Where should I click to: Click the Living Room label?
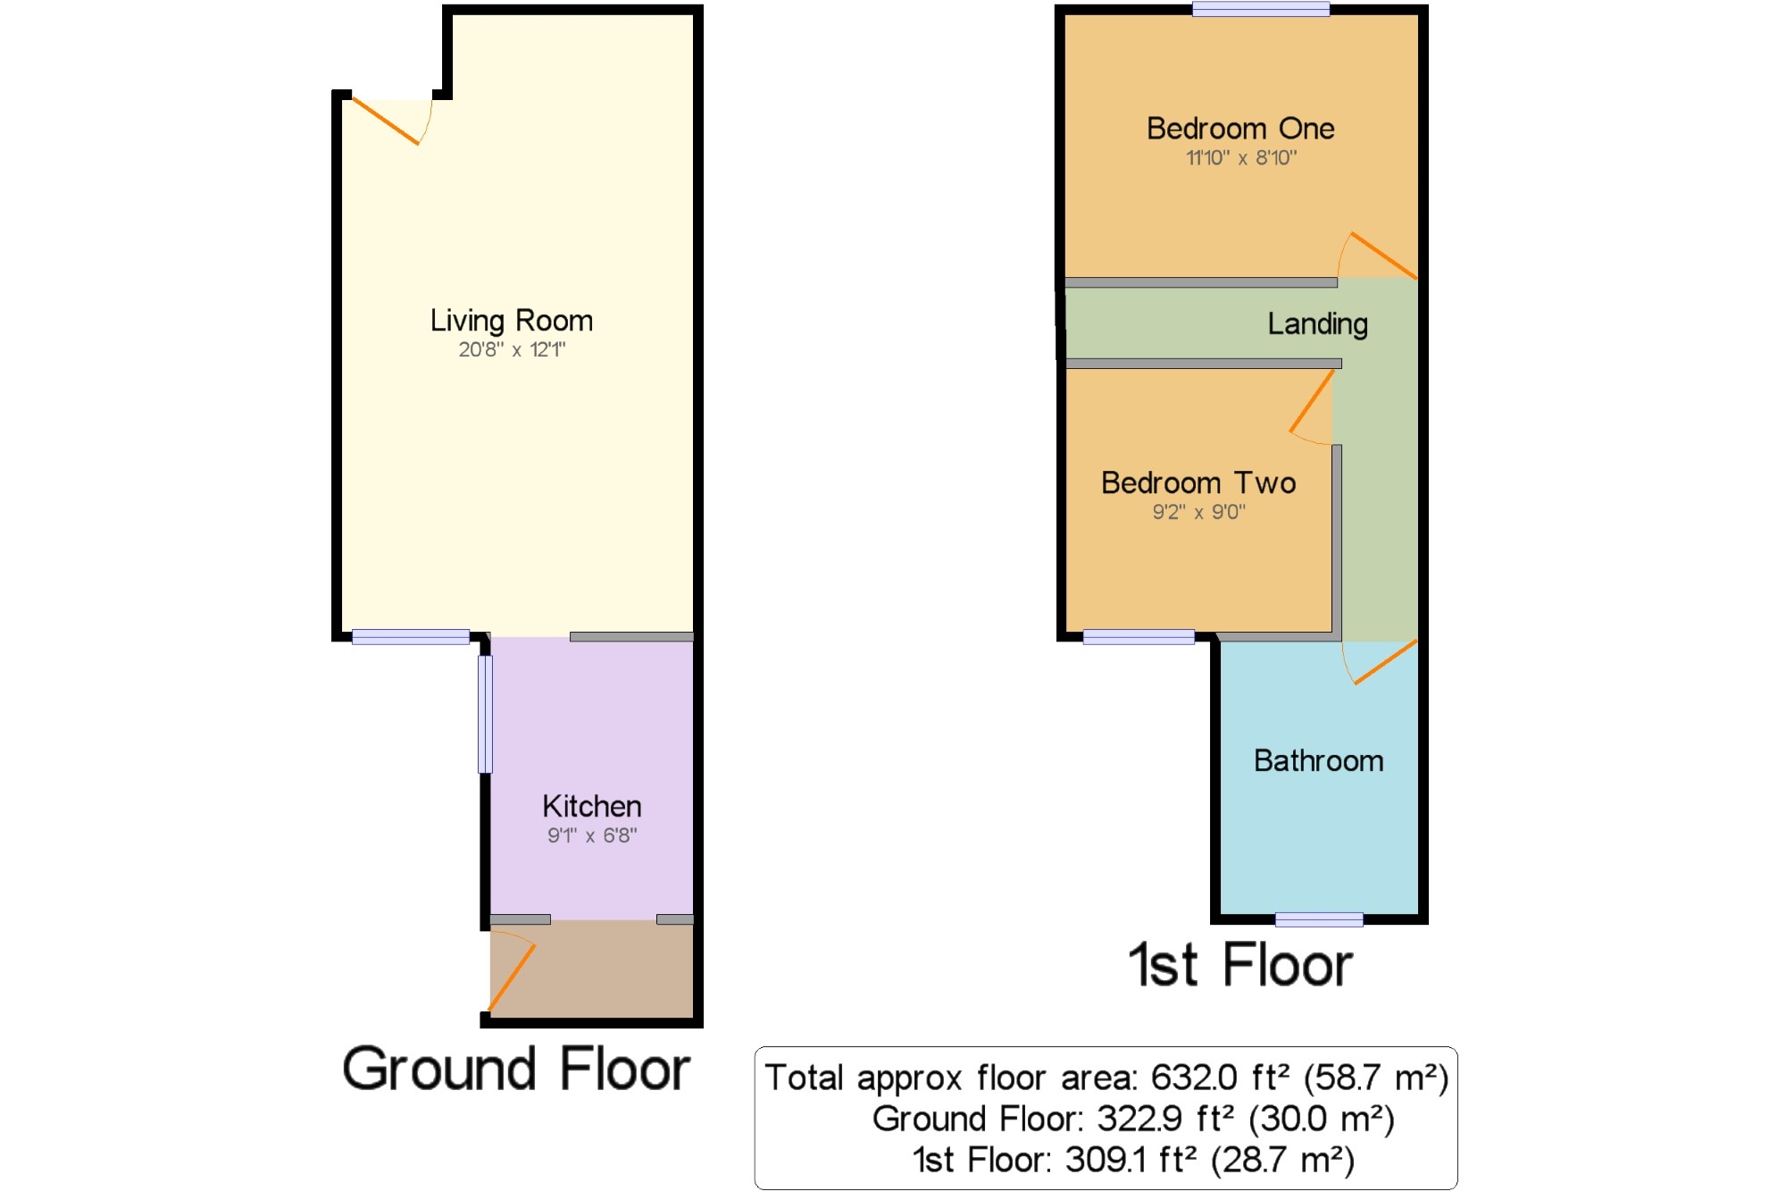pyautogui.click(x=512, y=321)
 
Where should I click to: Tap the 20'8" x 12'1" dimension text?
pyautogui.click(x=512, y=349)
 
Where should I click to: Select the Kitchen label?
pyautogui.click(x=592, y=806)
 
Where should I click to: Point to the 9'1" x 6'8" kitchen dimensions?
pyautogui.click(x=592, y=835)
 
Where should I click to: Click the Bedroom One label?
pyautogui.click(x=1240, y=129)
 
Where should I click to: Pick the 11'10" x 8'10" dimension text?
pyautogui.click(x=1241, y=158)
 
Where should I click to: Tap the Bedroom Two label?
pyautogui.click(x=1198, y=482)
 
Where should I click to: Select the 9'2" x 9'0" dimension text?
pyautogui.click(x=1198, y=512)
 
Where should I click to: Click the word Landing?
pyautogui.click(x=1317, y=324)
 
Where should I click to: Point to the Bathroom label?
pyautogui.click(x=1319, y=760)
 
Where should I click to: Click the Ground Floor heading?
pyautogui.click(x=516, y=1069)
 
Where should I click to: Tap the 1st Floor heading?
pyautogui.click(x=1240, y=965)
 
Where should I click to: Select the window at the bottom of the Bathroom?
pyautogui.click(x=1319, y=919)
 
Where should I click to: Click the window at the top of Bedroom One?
pyautogui.click(x=1261, y=9)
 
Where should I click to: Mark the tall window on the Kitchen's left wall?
pyautogui.click(x=485, y=714)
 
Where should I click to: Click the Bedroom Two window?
pyautogui.click(x=1139, y=636)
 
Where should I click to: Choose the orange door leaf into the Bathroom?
pyautogui.click(x=1385, y=662)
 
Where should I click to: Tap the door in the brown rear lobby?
pyautogui.click(x=512, y=977)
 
